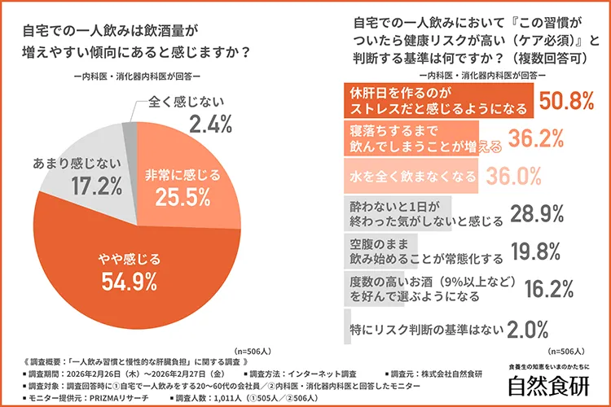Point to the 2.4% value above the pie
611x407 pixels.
pyautogui.click(x=210, y=125)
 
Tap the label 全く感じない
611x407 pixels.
pyautogui.click(x=188, y=103)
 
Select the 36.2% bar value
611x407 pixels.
pyautogui.click(x=538, y=139)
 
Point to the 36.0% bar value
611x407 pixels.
pyautogui.click(x=513, y=175)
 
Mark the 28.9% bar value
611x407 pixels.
pyautogui.click(x=538, y=213)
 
